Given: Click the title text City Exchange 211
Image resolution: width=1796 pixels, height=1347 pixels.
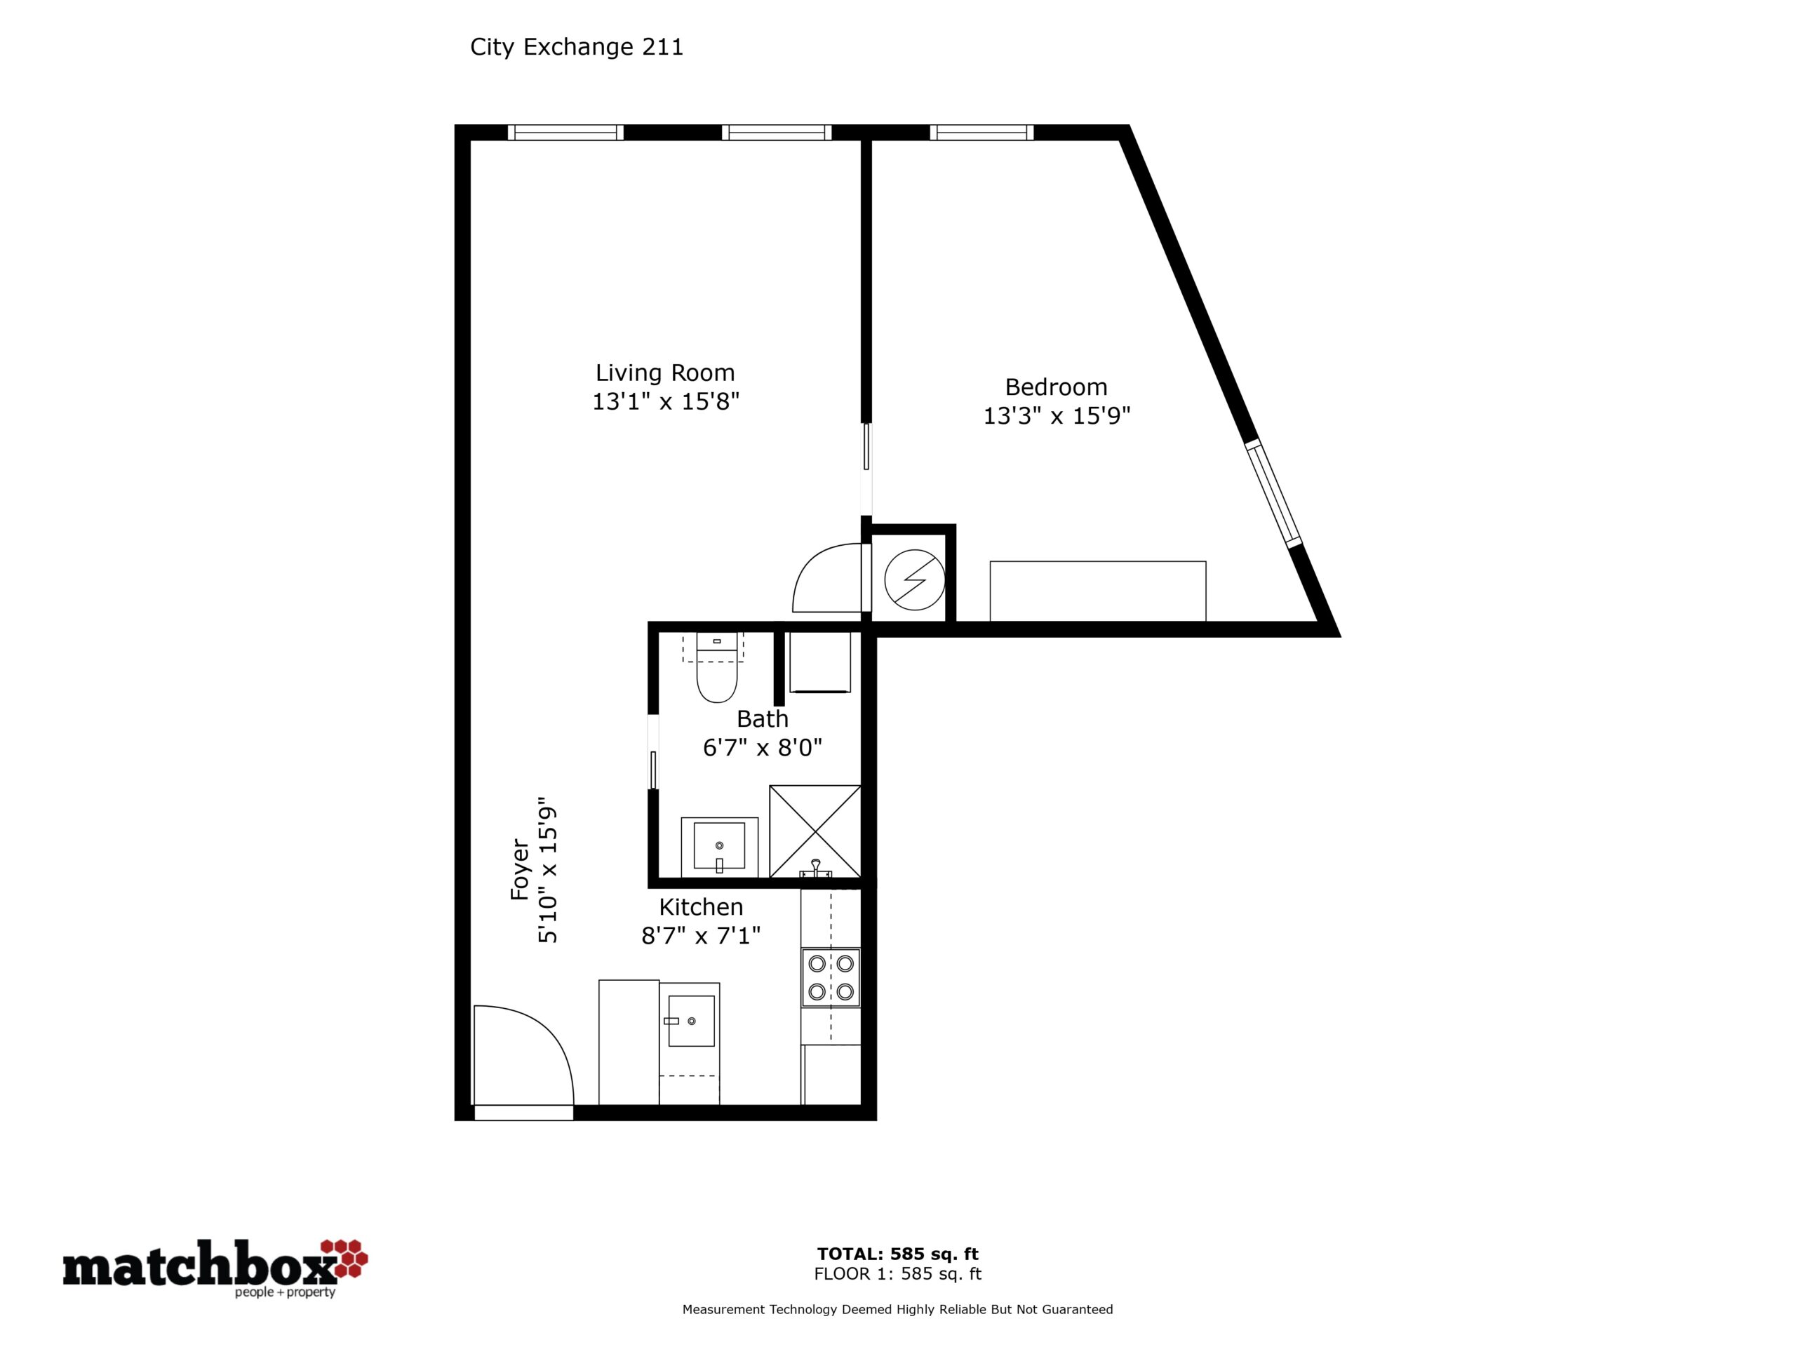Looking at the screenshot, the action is (x=577, y=47).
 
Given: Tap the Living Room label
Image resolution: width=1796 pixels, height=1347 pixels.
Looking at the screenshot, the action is (x=665, y=373).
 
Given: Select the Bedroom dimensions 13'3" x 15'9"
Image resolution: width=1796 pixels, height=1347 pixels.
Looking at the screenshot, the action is (x=1057, y=416).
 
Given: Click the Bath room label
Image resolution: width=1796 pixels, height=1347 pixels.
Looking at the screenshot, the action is (x=763, y=718).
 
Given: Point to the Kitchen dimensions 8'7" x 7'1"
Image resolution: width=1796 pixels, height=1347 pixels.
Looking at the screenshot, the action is (x=701, y=936).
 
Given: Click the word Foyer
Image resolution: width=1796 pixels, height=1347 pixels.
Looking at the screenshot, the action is (x=520, y=869).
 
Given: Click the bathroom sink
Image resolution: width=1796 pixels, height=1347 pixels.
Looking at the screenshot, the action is (x=719, y=847).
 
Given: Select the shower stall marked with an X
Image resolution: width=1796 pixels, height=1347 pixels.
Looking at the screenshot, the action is (x=815, y=831).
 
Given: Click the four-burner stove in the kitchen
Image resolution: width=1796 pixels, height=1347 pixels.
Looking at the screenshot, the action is (x=831, y=977).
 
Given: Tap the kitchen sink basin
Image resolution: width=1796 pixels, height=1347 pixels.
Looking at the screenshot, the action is (x=691, y=1021).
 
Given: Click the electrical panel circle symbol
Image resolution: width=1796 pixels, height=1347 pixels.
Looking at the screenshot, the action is (x=914, y=580).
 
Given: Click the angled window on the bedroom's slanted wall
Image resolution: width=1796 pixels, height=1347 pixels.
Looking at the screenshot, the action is (x=1274, y=492).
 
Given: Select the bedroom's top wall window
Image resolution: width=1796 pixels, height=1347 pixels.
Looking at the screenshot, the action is (x=981, y=133).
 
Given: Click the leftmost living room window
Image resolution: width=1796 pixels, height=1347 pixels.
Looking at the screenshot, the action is (x=566, y=133).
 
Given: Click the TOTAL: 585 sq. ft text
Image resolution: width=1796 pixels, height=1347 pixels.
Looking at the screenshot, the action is (x=898, y=1254).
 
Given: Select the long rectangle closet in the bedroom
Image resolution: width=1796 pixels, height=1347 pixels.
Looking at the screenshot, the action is (x=1098, y=591).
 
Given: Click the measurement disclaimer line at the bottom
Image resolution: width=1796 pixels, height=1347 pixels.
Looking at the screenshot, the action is (x=897, y=1309).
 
